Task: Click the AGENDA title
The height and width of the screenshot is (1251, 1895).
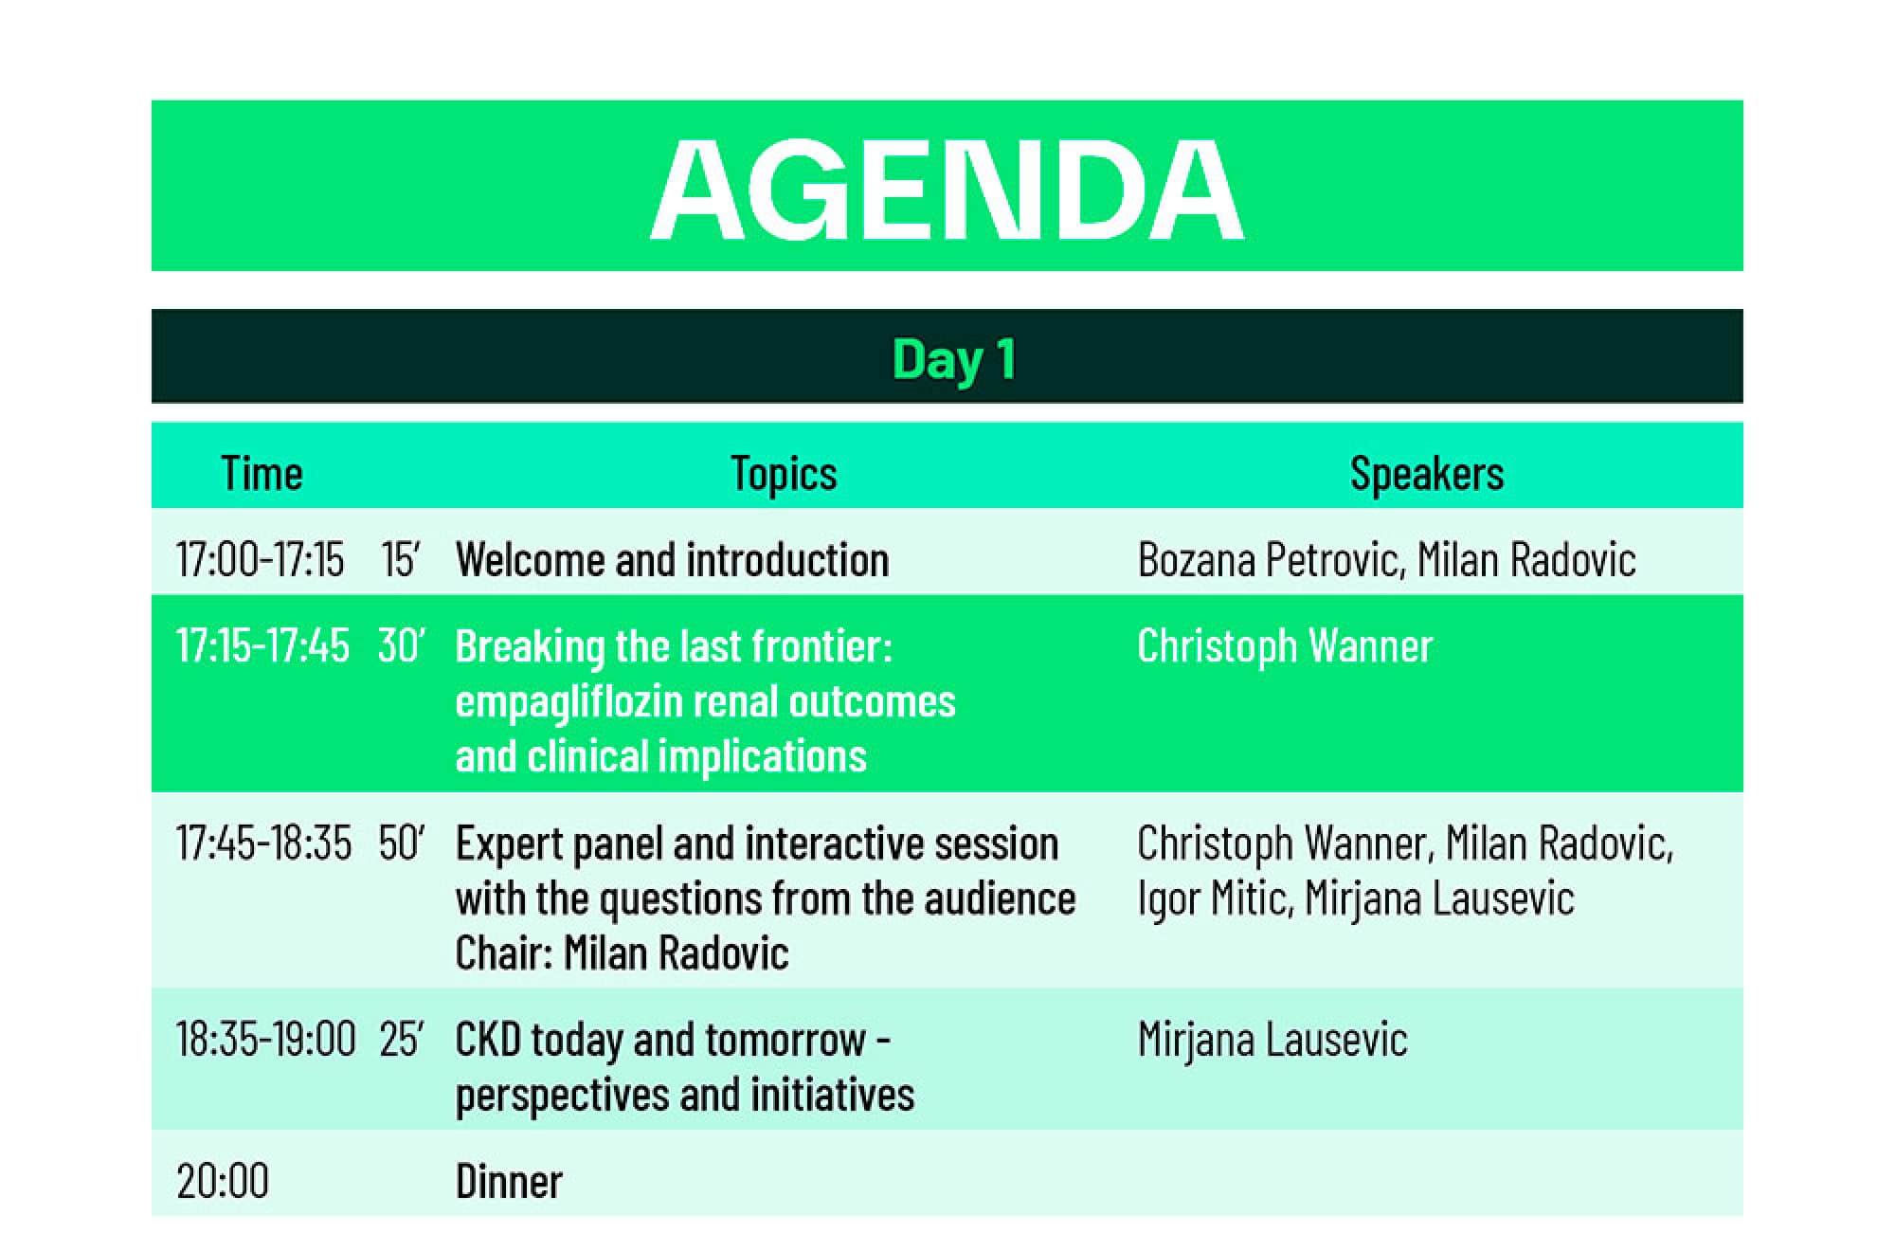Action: (x=947, y=190)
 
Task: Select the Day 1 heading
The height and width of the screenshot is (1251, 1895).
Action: (x=954, y=360)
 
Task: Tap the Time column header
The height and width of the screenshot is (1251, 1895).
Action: (x=262, y=473)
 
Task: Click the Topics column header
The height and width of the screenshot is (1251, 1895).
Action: (x=784, y=474)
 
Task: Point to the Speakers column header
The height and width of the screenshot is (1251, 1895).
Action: (x=1426, y=474)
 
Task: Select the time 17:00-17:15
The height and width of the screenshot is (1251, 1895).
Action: (x=260, y=559)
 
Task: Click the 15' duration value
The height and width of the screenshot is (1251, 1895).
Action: (x=400, y=559)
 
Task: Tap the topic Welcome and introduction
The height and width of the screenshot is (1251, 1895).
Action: (x=672, y=559)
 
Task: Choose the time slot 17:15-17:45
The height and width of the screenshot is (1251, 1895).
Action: (x=262, y=645)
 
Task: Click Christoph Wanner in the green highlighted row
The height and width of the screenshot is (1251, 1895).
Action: (x=1285, y=646)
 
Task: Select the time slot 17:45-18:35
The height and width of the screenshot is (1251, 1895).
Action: (x=263, y=843)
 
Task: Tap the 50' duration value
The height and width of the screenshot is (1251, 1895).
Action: (x=402, y=843)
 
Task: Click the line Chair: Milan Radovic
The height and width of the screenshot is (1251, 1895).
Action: (x=622, y=952)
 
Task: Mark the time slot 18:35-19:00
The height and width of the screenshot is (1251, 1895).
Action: (x=266, y=1039)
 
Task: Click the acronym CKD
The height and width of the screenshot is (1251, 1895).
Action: (x=488, y=1040)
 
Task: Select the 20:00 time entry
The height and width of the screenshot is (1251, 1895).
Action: (x=223, y=1181)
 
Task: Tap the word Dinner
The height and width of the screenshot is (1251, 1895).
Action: (x=509, y=1181)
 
